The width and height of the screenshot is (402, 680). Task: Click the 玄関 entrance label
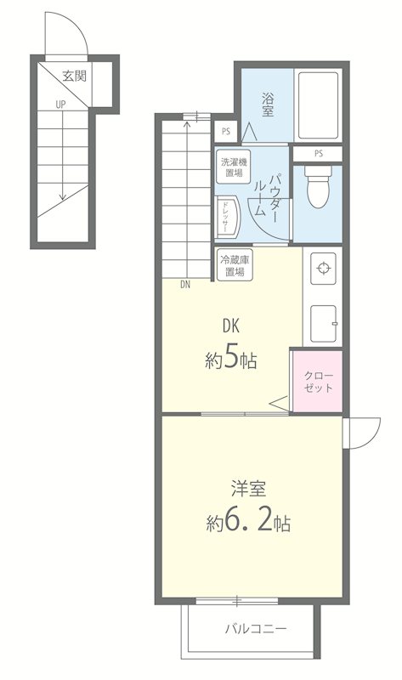(x=75, y=76)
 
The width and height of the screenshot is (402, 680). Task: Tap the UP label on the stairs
(x=60, y=104)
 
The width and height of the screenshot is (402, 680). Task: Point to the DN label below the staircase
(x=185, y=285)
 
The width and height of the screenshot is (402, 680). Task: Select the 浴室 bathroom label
(x=268, y=104)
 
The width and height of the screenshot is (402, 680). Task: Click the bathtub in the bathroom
(x=319, y=105)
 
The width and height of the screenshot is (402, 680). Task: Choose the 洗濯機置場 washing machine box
(x=234, y=167)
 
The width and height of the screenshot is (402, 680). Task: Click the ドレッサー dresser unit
(x=226, y=218)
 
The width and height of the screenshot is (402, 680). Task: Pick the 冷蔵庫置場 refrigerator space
(x=235, y=266)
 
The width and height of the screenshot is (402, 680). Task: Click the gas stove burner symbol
(x=323, y=269)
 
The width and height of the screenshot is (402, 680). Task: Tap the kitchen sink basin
(x=324, y=323)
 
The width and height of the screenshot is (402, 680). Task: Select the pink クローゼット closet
(x=318, y=381)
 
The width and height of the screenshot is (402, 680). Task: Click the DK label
(x=231, y=326)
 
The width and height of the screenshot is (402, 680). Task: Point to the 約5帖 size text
(x=230, y=360)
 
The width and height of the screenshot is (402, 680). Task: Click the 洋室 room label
(x=248, y=489)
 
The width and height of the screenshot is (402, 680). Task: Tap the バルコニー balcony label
(x=256, y=628)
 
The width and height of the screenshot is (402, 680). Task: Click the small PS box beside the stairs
(x=226, y=132)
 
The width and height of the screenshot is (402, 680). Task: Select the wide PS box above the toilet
(x=319, y=153)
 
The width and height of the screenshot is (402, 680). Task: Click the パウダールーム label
(x=267, y=195)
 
